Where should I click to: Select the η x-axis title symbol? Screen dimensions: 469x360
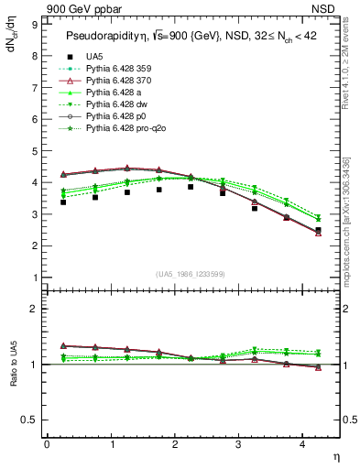[x=334, y=455]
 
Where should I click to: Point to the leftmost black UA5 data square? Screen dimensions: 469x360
[x=63, y=202]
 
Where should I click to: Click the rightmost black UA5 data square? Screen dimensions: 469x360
[x=318, y=230]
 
